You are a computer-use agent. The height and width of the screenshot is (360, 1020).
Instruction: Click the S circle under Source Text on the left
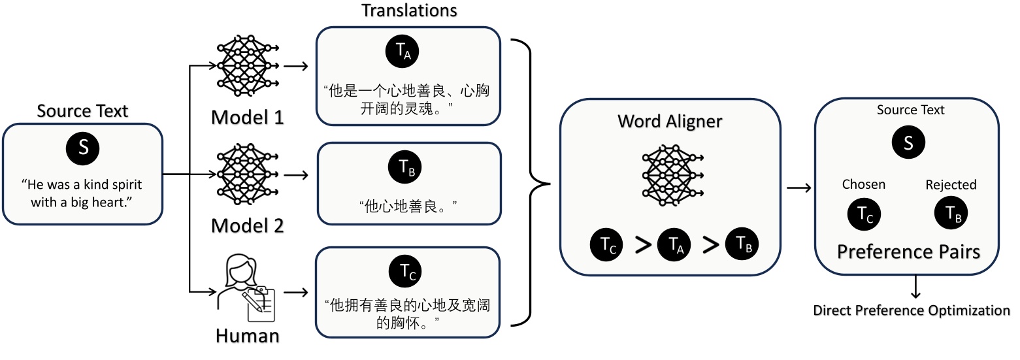[83, 148]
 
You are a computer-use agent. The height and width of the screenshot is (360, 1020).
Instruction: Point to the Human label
[248, 336]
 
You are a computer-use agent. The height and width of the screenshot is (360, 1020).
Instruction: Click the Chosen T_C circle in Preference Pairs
[864, 214]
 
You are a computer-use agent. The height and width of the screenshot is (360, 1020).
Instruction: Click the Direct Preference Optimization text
[912, 310]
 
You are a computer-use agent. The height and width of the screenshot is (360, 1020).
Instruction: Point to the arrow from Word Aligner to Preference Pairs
[798, 188]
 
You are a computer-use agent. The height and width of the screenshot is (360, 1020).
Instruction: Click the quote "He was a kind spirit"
[82, 184]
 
